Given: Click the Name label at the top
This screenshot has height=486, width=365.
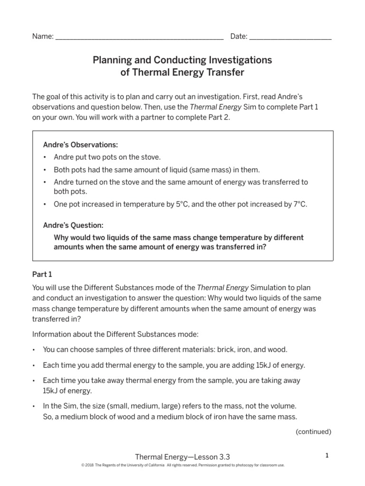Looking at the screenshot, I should pyautogui.click(x=42, y=37).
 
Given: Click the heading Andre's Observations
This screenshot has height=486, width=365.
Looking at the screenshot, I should pyautogui.click(x=80, y=144).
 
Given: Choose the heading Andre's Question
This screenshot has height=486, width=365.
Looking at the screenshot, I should pyautogui.click(x=73, y=225).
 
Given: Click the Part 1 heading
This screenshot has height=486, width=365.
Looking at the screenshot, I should pyautogui.click(x=42, y=274).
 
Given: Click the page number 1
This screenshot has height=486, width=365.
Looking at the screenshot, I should pyautogui.click(x=327, y=456).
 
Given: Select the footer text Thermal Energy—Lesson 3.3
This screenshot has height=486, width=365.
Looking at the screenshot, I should pyautogui.click(x=182, y=457).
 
